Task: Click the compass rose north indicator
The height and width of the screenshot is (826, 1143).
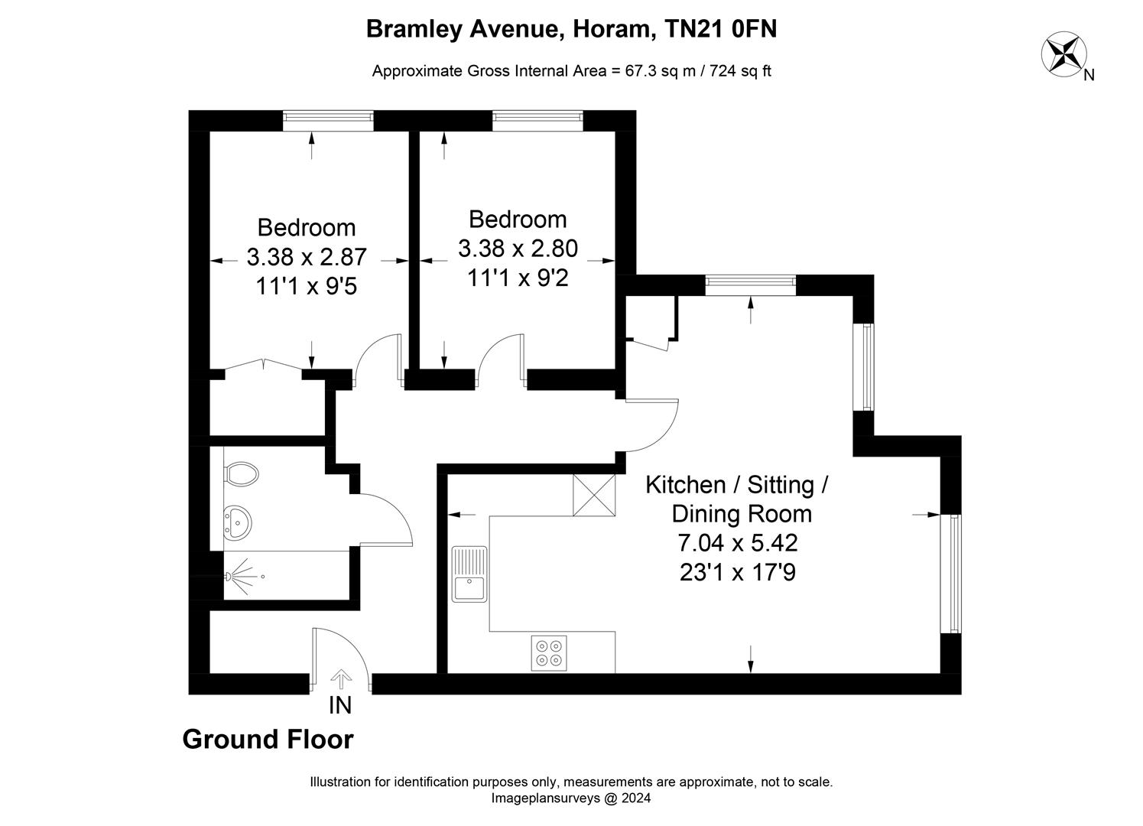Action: (1064, 54)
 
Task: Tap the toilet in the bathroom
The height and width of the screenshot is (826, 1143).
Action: (242, 473)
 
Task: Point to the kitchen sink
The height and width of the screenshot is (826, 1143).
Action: (469, 574)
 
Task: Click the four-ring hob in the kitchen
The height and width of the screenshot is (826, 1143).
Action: (549, 652)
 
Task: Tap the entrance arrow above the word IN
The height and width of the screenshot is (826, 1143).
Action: (340, 677)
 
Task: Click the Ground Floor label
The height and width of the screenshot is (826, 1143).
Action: (268, 740)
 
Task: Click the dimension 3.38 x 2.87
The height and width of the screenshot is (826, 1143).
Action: (307, 256)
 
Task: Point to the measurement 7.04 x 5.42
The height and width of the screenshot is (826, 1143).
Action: (737, 543)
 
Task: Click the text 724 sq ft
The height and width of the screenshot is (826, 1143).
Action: (740, 71)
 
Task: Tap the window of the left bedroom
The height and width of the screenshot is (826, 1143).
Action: (328, 117)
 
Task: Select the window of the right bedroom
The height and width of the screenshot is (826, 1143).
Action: (537, 117)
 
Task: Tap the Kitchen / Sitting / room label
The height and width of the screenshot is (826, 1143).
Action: (737, 485)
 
